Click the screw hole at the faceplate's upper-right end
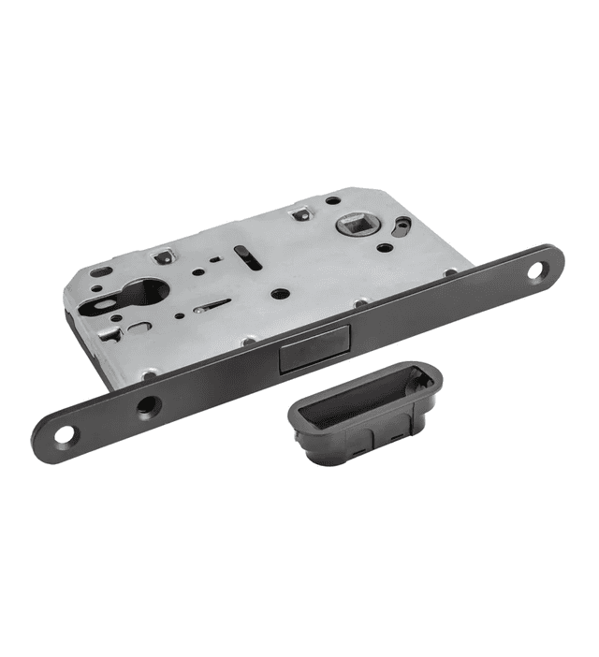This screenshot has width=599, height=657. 538,272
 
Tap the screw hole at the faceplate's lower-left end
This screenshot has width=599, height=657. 62,436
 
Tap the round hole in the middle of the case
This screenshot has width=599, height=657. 278,293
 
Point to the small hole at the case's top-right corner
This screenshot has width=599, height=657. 333,199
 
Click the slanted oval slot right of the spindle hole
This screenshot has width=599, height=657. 402,226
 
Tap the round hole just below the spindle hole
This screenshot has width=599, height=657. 385,250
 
